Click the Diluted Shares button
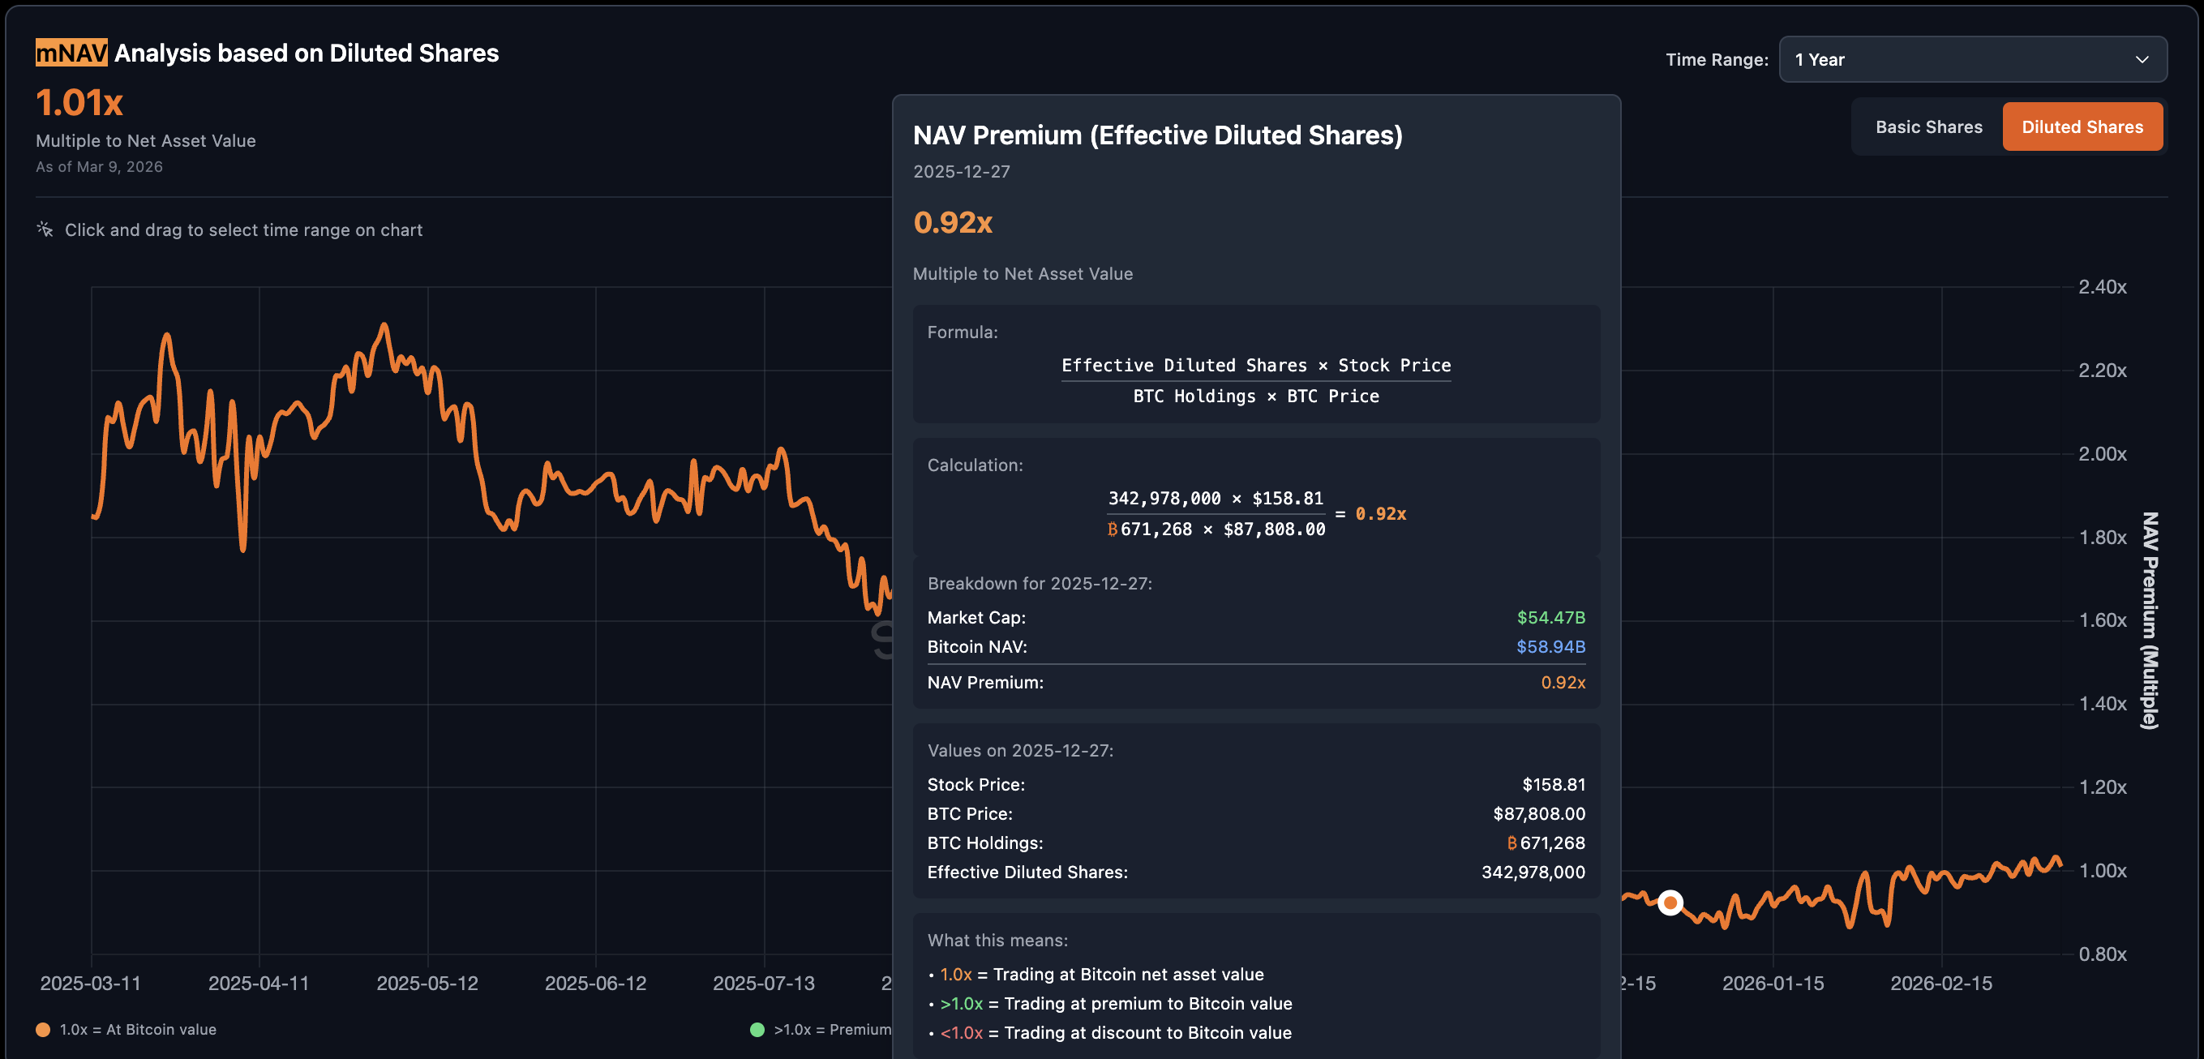point(2082,127)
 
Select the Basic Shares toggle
point(1927,127)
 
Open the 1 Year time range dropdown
point(1971,60)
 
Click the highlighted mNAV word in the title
point(71,53)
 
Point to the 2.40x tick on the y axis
point(2101,287)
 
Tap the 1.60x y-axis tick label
point(2101,620)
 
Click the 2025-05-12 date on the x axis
point(427,983)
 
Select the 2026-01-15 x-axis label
point(1772,983)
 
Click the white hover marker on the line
point(1670,903)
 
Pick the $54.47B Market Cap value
point(1550,618)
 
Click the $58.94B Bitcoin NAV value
point(1550,647)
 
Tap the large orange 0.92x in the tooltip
point(952,222)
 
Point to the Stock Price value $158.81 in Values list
point(1553,784)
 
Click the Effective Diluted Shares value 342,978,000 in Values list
point(1533,872)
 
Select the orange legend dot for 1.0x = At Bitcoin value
point(43,1030)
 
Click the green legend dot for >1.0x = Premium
point(757,1030)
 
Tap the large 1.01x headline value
point(79,104)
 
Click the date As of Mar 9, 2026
point(99,167)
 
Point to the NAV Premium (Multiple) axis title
point(2149,620)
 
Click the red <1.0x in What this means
point(961,1032)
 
